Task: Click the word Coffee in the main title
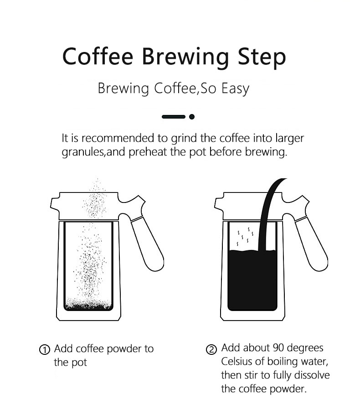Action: (98, 57)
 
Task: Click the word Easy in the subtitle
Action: (235, 88)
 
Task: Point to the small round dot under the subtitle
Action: (192, 117)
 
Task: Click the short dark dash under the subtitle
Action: (174, 117)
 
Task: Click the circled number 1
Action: (44, 350)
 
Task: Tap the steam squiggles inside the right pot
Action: (244, 235)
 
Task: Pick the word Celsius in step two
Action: (237, 362)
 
